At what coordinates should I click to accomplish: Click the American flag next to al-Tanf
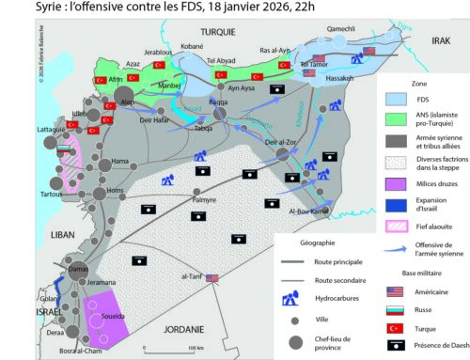pos(211,251)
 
